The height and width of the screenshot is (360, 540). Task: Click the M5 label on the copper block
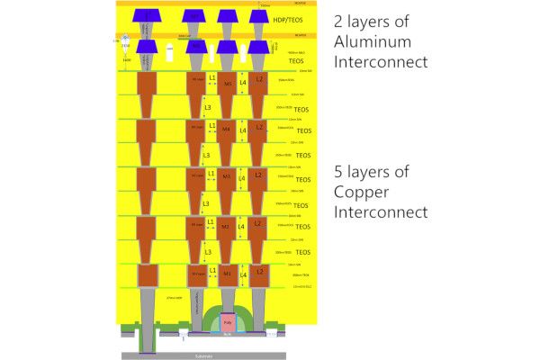point(228,84)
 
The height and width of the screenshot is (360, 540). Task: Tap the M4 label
point(228,130)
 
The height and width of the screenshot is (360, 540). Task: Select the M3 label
point(228,178)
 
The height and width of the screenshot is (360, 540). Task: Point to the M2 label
point(228,226)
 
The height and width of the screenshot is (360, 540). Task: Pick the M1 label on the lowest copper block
point(228,274)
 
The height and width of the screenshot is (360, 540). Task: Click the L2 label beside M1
point(259,270)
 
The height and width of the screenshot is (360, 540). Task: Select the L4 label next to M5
point(242,84)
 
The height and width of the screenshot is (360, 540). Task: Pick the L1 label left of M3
point(211,174)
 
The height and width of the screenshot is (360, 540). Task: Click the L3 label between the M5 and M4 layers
point(208,108)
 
